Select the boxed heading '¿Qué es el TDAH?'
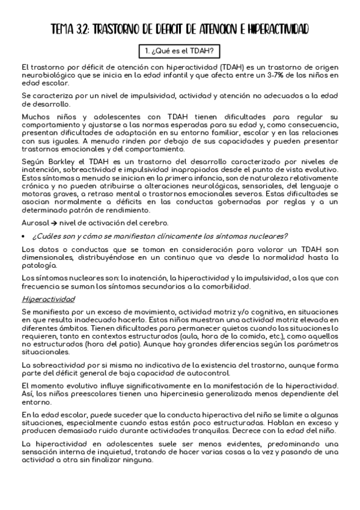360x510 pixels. coord(180,50)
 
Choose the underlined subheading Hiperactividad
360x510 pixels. coord(48,299)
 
